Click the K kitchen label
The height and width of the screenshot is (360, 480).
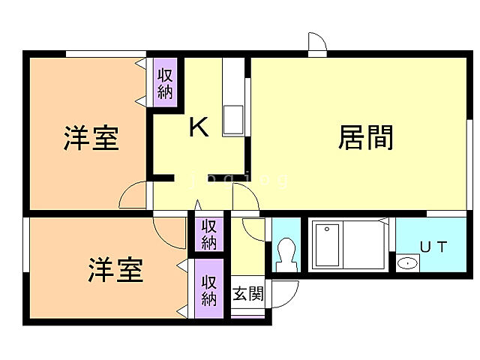[x=199, y=127]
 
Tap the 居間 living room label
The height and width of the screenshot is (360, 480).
[x=366, y=137]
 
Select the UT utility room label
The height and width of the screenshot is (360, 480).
[x=433, y=247]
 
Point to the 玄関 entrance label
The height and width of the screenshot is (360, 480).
[x=247, y=294]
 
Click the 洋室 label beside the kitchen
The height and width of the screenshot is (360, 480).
[x=91, y=138]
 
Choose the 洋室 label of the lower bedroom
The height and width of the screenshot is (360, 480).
[x=116, y=270]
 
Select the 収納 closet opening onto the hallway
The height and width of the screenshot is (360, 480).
[x=209, y=235]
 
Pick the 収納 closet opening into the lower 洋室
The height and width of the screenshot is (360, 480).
[x=209, y=289]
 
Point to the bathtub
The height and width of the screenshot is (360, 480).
[x=326, y=244]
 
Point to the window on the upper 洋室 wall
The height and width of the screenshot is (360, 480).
[x=105, y=53]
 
